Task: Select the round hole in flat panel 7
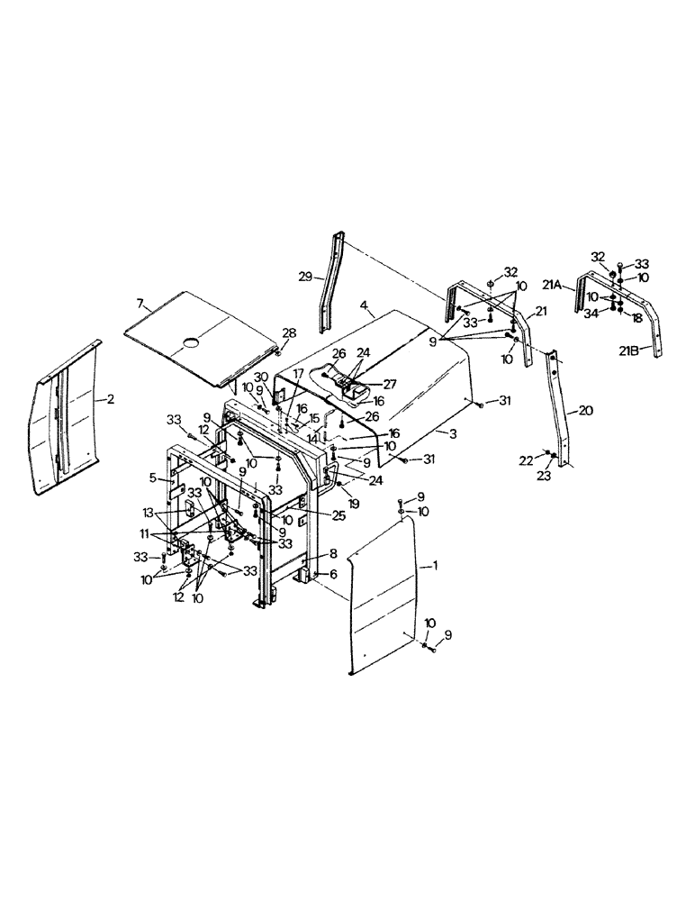tap(191, 341)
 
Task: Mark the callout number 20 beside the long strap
tap(586, 410)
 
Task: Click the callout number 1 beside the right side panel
tap(435, 565)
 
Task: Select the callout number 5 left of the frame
tap(153, 478)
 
